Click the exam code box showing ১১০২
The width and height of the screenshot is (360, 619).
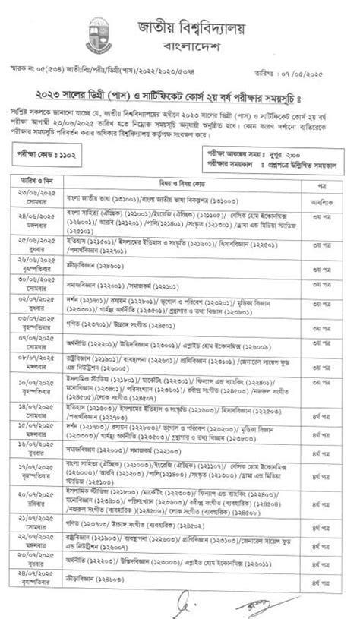(49, 153)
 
